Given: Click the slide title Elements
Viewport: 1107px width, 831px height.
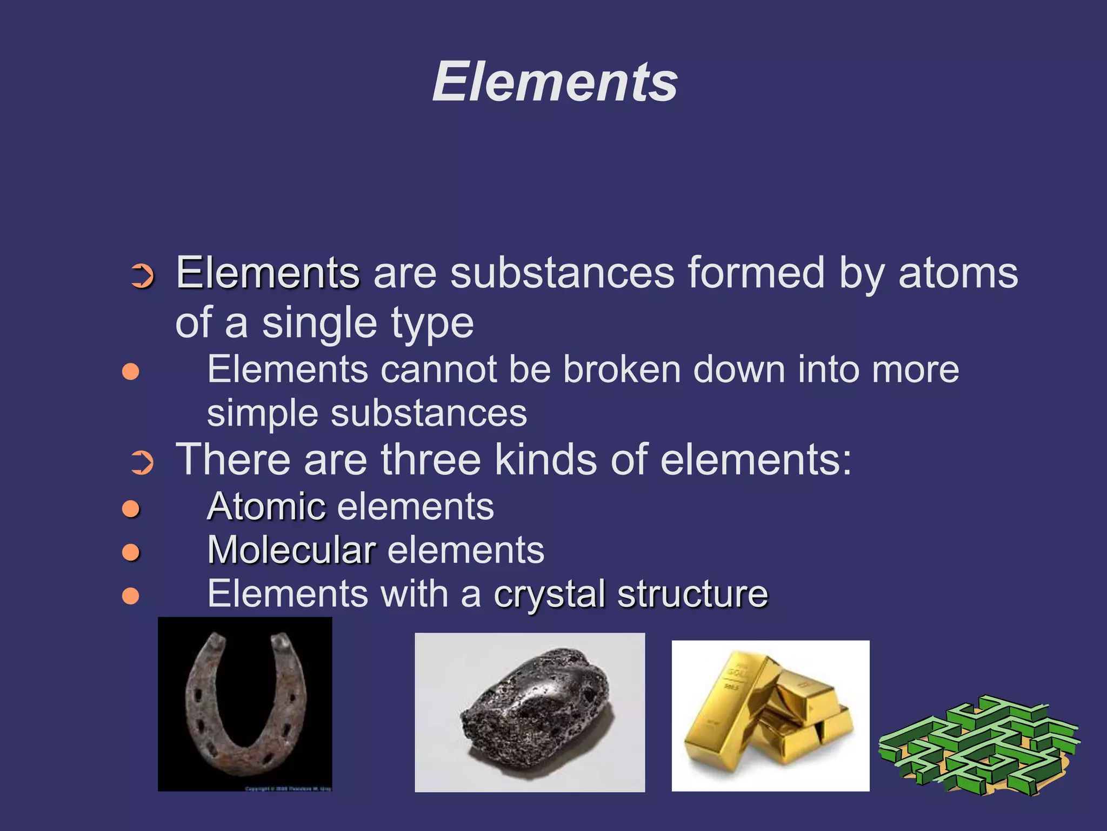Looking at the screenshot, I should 555,82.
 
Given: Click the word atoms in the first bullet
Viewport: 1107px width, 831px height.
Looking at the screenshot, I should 958,273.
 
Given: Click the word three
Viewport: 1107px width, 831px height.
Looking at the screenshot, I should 431,460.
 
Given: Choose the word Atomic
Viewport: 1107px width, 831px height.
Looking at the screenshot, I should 266,507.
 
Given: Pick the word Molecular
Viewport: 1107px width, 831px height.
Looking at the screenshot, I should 292,551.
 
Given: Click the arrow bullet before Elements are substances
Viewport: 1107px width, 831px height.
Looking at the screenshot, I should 143,276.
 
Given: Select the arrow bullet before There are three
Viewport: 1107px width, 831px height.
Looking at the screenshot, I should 143,463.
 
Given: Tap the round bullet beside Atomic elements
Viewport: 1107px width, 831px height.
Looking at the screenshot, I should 131,509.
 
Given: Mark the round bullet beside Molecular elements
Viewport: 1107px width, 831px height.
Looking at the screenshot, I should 131,552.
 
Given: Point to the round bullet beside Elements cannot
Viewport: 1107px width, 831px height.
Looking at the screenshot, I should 131,372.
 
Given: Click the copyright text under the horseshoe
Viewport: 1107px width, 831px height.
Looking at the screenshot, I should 288,789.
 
